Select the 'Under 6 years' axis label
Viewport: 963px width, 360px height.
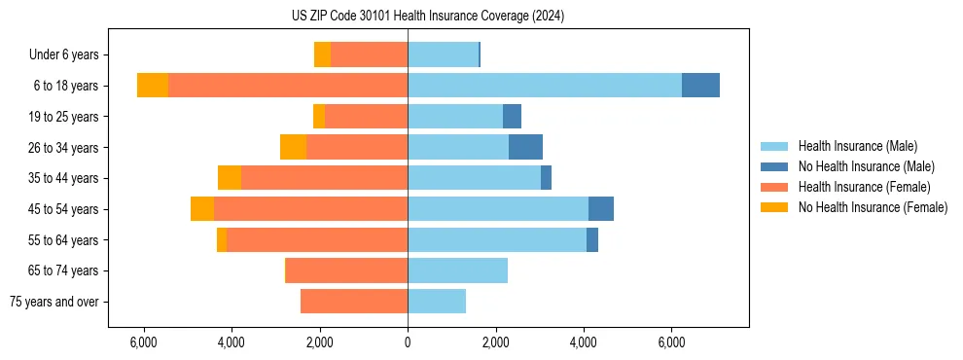[x=70, y=54]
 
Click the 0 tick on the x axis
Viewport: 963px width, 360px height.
[x=408, y=342]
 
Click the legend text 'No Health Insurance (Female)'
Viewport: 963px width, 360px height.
[x=873, y=207]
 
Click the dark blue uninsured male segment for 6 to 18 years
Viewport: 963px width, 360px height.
[x=700, y=86]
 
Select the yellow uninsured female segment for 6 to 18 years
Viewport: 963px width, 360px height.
[x=153, y=86]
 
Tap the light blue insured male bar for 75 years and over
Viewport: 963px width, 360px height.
[x=437, y=302]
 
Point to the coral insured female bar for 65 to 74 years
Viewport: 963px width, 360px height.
[x=346, y=270]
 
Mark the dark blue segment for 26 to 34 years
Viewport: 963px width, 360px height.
[x=525, y=147]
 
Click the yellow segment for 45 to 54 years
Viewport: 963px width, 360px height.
[x=202, y=209]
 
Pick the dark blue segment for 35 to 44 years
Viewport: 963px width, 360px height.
[x=546, y=178]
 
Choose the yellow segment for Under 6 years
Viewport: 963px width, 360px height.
[x=322, y=54]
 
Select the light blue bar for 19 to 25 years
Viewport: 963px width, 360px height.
[x=455, y=117]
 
